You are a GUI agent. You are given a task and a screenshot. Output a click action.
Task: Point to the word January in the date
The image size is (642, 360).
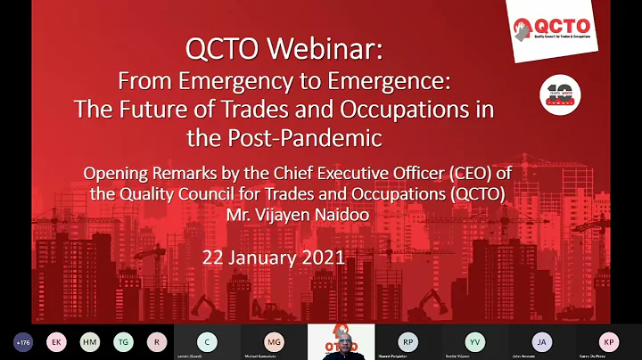point(254,259)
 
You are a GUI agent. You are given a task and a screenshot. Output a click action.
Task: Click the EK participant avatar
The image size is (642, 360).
point(55,341)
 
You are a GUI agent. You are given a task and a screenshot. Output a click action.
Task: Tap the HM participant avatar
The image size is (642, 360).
point(89,341)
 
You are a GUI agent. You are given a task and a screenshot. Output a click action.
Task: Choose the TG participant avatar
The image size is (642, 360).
point(123,341)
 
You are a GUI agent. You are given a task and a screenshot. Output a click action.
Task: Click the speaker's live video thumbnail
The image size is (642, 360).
point(342,341)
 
